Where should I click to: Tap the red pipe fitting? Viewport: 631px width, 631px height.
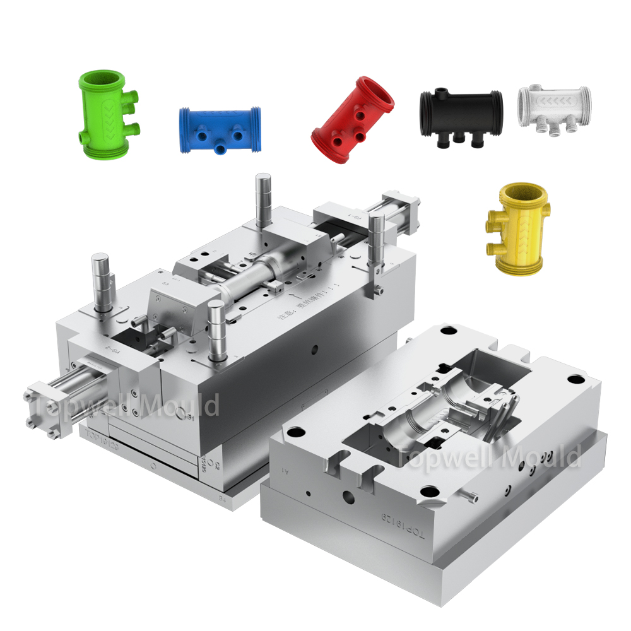[x=353, y=120]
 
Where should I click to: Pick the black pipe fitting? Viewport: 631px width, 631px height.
[x=461, y=114]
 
